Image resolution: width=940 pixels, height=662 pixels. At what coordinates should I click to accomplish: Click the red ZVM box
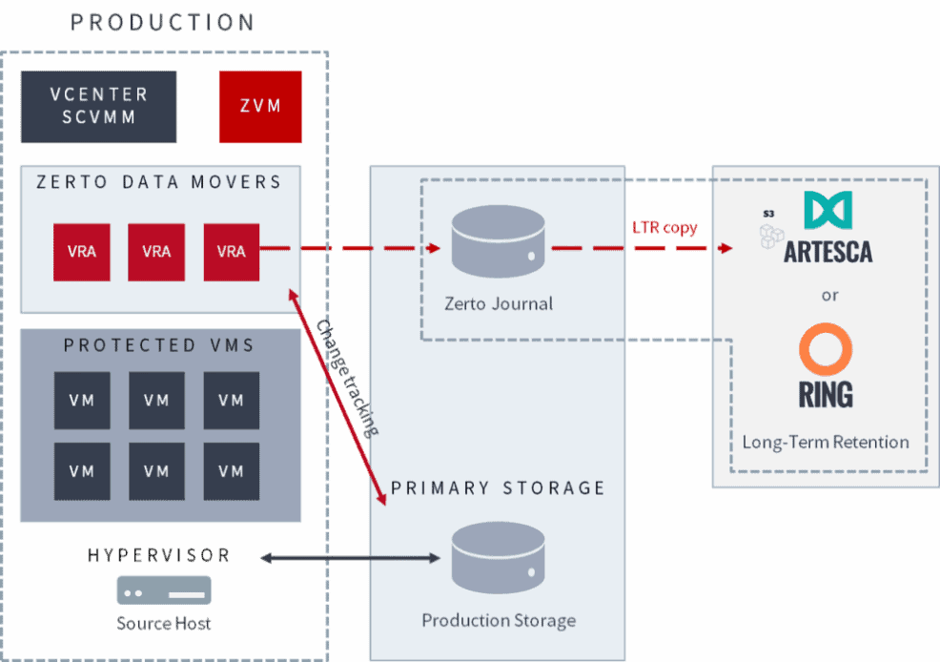coord(260,106)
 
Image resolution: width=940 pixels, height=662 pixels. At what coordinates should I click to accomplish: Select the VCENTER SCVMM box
coord(99,106)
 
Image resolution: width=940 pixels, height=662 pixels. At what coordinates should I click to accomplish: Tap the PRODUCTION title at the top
coord(163,22)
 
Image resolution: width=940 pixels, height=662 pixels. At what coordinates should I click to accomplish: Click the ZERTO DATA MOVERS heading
coord(159,182)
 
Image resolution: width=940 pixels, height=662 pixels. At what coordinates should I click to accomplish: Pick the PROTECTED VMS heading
coord(159,345)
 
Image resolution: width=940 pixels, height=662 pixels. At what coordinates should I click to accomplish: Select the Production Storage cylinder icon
coord(498,557)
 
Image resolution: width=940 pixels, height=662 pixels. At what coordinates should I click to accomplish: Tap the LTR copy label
coord(664,228)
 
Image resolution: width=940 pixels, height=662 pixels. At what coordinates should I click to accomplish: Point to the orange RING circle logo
coord(826,349)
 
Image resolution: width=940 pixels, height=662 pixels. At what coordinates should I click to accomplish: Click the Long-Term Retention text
coord(826,442)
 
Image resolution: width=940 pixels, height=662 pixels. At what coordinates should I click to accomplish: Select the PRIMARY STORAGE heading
coord(498,488)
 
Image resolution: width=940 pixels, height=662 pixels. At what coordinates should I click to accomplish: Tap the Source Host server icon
coord(164,590)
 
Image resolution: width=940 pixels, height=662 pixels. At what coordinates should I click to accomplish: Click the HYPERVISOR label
coord(158,555)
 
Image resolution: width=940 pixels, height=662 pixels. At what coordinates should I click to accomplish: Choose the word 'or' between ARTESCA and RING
coord(829,295)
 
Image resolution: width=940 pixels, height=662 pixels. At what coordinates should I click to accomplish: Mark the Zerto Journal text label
coord(498,304)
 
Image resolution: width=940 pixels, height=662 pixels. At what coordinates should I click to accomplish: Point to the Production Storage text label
coord(499,620)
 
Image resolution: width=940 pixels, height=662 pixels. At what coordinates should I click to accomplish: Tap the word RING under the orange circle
coord(826,394)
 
